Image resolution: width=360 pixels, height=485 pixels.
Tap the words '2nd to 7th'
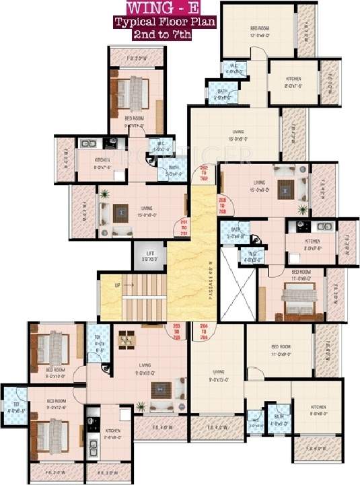[x=153, y=34]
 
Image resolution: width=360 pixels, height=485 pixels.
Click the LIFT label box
[x=149, y=256]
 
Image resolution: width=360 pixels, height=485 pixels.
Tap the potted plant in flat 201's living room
[x=104, y=196]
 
